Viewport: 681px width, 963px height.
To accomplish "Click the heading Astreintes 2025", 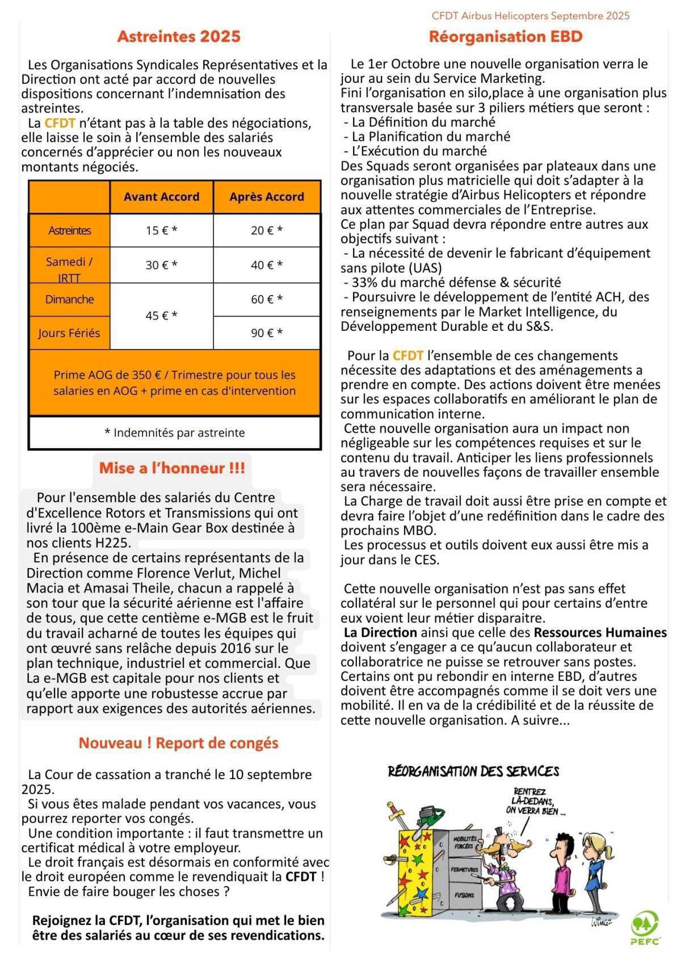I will [x=179, y=36].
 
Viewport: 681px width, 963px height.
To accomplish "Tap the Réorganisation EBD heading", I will [x=506, y=36].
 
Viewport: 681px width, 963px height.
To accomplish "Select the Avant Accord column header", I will [x=161, y=197].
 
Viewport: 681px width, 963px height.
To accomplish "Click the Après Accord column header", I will [x=267, y=197].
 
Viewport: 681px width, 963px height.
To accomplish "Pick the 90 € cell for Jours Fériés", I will [x=267, y=333].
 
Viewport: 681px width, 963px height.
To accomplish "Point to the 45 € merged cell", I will [x=161, y=316].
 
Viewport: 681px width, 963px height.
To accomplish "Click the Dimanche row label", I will [x=69, y=300].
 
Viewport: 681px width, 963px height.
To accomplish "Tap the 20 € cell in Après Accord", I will [x=267, y=230].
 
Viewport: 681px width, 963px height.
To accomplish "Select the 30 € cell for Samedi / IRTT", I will [x=161, y=265].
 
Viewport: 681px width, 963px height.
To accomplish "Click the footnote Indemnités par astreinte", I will [x=175, y=433].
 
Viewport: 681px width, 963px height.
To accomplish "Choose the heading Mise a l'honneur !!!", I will [x=172, y=468].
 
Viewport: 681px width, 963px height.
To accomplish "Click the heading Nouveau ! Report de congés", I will [x=178, y=743].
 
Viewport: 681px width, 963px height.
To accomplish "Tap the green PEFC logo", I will [x=645, y=928].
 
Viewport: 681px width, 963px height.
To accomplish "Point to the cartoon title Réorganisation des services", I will [x=473, y=771].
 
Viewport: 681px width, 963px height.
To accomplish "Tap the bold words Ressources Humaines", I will [x=600, y=632].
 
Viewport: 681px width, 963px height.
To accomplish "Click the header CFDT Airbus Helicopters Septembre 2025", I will [x=531, y=16].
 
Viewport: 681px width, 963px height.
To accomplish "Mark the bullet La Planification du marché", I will [x=430, y=137].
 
